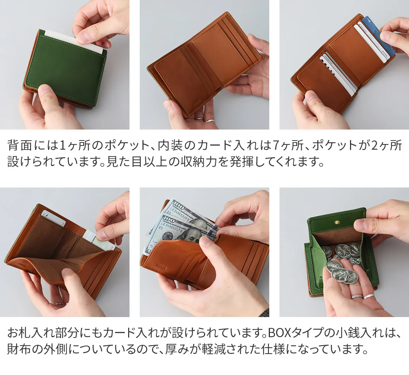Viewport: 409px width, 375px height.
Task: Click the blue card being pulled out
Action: click(377, 35)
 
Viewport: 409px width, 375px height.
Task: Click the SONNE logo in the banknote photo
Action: click(162, 266)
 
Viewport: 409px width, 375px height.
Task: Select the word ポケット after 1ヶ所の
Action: click(127, 145)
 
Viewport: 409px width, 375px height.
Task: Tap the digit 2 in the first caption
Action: click(375, 145)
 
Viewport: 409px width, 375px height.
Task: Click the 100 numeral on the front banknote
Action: click(169, 220)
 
